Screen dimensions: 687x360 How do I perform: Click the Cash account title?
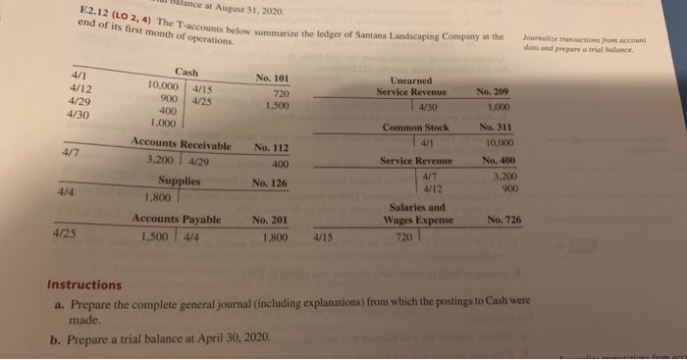[x=185, y=72]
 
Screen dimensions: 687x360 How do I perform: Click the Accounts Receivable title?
[x=182, y=145]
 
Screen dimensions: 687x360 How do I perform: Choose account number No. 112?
[x=274, y=148]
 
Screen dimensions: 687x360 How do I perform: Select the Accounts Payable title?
[x=178, y=220]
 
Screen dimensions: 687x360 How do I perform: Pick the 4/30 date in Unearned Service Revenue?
[x=431, y=106]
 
